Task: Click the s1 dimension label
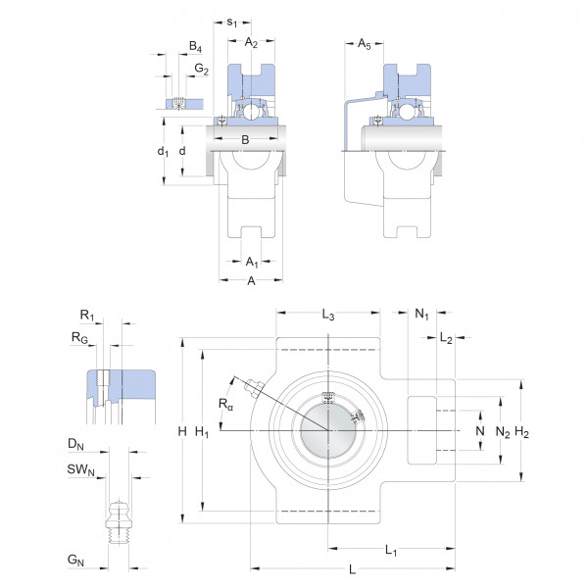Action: (231, 23)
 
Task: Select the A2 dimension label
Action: (251, 43)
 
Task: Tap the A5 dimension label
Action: (364, 44)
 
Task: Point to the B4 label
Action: (195, 46)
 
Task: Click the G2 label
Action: (201, 69)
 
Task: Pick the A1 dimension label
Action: (252, 262)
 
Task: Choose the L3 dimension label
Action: (328, 315)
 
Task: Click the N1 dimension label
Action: (421, 314)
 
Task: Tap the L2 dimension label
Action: (446, 338)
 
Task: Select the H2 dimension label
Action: (521, 432)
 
